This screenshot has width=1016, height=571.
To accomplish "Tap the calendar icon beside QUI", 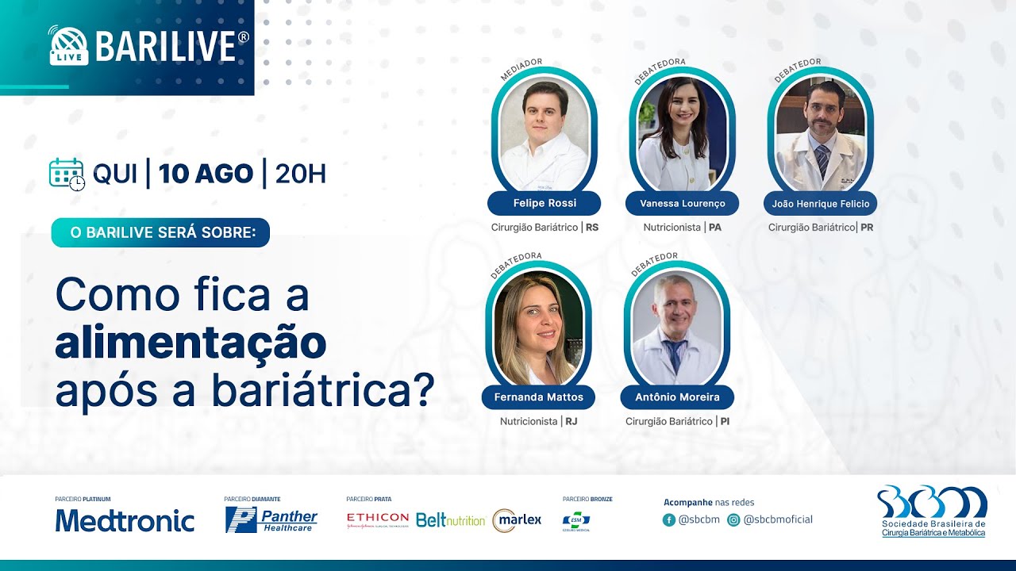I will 67,174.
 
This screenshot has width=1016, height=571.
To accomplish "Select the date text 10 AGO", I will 206,174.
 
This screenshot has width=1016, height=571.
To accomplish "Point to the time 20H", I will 300,174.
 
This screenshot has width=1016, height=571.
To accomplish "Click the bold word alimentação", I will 190,342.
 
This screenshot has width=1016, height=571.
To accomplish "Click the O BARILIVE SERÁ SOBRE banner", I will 160,232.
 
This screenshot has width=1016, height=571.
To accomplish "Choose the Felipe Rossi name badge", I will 545,203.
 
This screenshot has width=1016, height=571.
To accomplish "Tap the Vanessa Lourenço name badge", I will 683,203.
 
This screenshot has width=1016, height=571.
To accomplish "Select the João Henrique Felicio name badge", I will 821,203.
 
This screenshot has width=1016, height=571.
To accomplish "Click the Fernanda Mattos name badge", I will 538,397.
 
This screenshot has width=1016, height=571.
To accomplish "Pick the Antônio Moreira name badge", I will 677,397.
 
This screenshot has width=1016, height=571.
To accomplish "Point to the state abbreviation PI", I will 725,421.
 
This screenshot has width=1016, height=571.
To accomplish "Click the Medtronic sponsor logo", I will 125,520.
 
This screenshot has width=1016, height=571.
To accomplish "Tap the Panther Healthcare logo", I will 271,520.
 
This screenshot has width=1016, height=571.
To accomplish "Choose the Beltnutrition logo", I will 450,520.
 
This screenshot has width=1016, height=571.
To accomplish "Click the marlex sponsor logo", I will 517,520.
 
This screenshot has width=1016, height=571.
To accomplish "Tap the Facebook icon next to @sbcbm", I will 669,520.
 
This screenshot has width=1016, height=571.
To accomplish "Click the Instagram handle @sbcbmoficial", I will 778,520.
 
